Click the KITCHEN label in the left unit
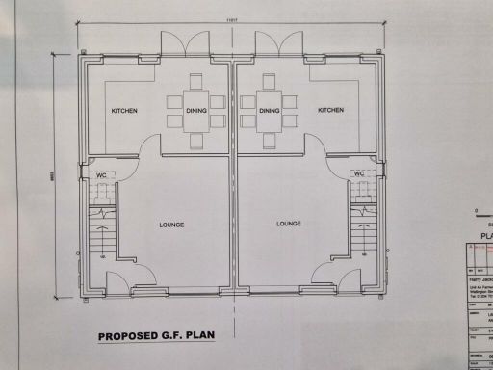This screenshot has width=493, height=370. point(124,111)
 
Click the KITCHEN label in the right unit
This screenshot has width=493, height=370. point(331,111)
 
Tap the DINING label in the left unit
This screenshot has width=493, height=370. point(196,111)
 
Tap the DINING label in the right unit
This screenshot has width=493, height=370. point(270,111)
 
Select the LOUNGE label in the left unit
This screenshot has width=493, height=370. point(171,225)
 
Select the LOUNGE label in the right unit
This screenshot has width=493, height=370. point(289,224)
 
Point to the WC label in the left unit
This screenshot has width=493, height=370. point(101,174)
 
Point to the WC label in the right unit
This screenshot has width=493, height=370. point(359,174)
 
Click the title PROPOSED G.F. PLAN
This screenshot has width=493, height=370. point(156,337)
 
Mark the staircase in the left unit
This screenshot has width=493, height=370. point(100,236)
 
